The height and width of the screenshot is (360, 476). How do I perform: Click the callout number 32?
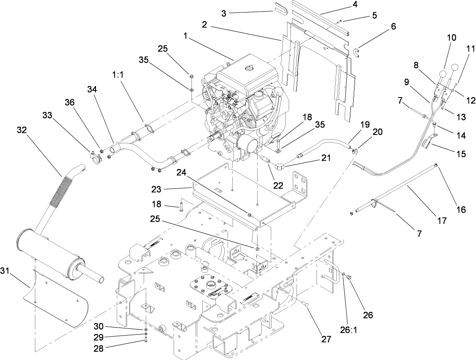[x=22, y=130]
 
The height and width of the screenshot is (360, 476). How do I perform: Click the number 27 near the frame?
[x=326, y=339]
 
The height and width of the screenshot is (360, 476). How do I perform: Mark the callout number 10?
[x=452, y=37]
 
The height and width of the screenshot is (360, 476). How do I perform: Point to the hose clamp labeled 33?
[x=95, y=159]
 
